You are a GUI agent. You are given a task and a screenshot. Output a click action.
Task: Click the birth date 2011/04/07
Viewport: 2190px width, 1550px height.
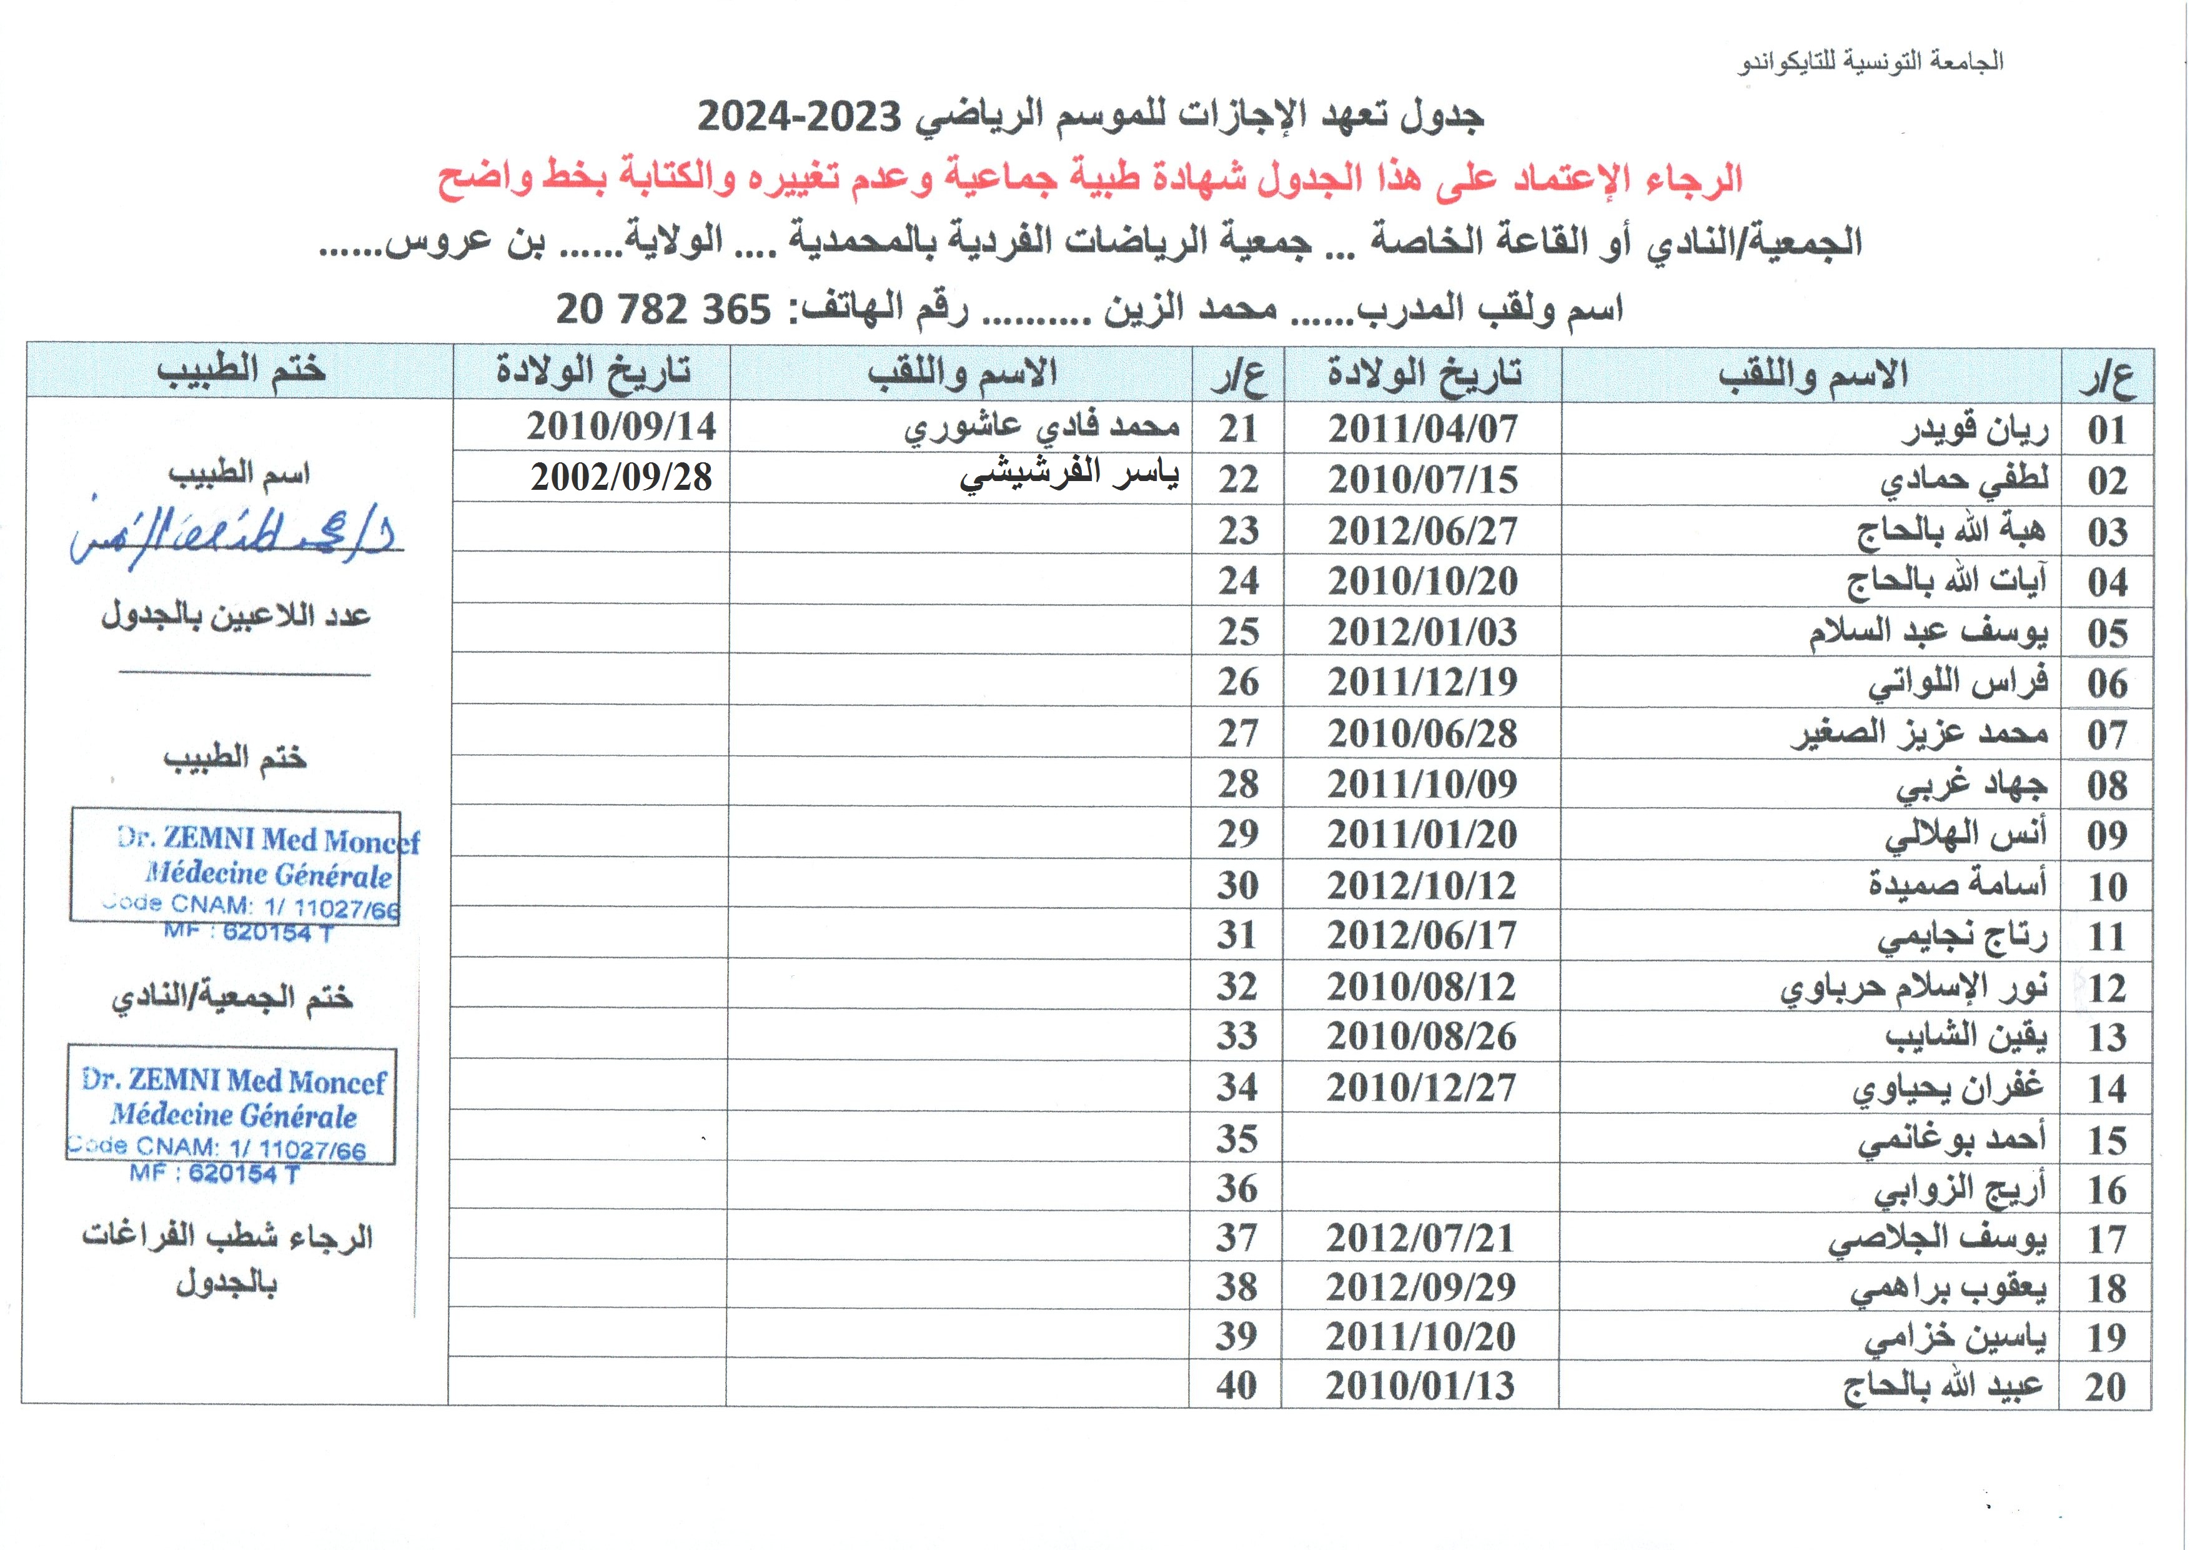pos(1422,429)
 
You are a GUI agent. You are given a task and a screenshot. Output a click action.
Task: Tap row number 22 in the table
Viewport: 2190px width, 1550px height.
pos(1237,479)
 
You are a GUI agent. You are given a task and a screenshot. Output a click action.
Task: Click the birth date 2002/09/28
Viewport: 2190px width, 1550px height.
pos(622,477)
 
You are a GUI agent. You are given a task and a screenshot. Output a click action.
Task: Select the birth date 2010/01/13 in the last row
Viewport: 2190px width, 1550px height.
pos(1419,1386)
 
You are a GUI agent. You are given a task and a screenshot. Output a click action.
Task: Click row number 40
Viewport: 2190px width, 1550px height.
pos(1236,1386)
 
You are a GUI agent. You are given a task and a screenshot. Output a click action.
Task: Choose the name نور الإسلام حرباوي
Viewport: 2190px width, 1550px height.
pos(1913,988)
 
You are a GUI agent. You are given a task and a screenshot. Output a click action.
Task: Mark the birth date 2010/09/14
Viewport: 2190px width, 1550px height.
pos(622,425)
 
